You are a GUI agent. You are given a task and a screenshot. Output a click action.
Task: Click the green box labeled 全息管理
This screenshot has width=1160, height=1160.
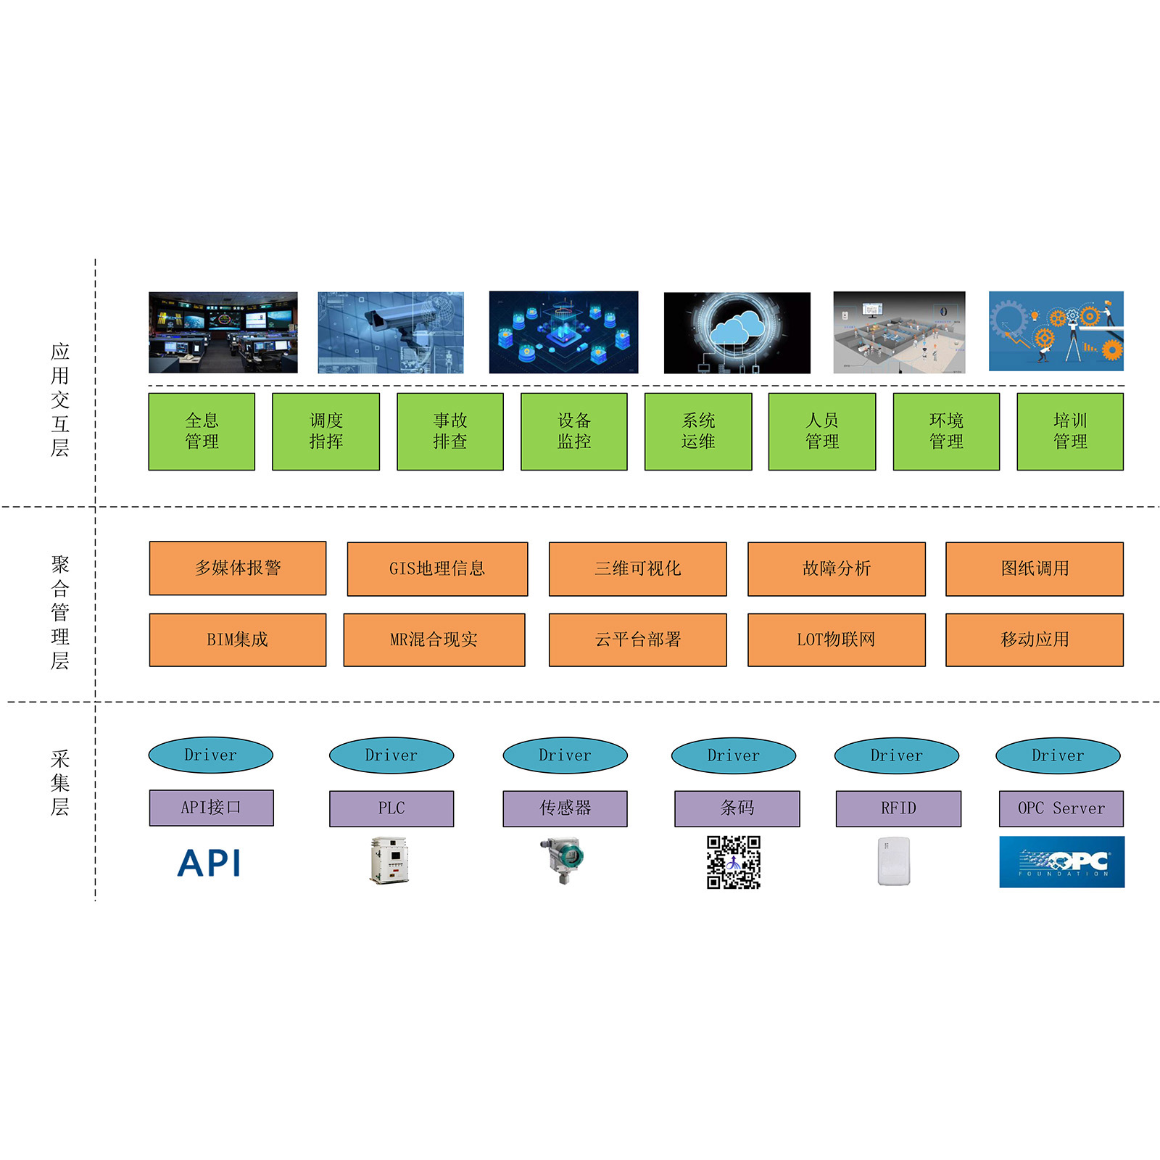tap(202, 431)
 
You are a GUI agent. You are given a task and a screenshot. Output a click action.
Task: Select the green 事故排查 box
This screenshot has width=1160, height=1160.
tap(449, 431)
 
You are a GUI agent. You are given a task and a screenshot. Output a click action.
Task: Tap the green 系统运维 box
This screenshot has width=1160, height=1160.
tap(698, 431)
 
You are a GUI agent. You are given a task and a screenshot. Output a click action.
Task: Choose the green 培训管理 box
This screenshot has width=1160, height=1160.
tap(1070, 431)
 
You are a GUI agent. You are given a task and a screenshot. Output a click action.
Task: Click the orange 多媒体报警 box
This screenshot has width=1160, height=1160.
tap(238, 568)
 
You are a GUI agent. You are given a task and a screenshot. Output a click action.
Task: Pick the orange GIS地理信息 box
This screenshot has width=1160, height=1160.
tap(437, 569)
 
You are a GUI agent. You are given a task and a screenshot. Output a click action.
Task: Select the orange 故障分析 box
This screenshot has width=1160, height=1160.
tap(837, 569)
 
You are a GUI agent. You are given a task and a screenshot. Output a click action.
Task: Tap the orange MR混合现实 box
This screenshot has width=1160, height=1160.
tap(434, 639)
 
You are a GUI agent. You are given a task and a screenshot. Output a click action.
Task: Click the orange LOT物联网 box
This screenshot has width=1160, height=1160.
tap(837, 639)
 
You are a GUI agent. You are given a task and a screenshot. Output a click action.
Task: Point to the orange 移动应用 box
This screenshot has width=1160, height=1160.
tap(1035, 639)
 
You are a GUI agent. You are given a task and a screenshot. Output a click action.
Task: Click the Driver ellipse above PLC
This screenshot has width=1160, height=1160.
tap(391, 755)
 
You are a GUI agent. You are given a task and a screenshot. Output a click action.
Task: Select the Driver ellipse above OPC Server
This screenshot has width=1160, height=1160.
tap(1058, 755)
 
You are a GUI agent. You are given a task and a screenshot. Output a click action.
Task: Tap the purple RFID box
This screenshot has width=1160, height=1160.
tap(898, 808)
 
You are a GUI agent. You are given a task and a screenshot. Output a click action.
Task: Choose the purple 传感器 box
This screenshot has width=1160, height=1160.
tap(565, 808)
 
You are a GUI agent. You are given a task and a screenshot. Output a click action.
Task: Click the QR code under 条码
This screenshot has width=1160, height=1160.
tap(734, 862)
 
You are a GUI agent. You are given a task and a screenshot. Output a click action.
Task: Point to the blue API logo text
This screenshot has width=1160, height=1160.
tap(210, 863)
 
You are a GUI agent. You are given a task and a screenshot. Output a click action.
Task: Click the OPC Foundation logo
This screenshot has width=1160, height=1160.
tap(1061, 862)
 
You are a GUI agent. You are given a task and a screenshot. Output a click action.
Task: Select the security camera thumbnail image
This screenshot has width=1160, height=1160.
tap(391, 333)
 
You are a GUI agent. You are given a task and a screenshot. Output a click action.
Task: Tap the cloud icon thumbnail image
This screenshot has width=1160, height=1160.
tap(737, 333)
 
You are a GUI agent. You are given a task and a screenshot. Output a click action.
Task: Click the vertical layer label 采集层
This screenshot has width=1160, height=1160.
tap(60, 783)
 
